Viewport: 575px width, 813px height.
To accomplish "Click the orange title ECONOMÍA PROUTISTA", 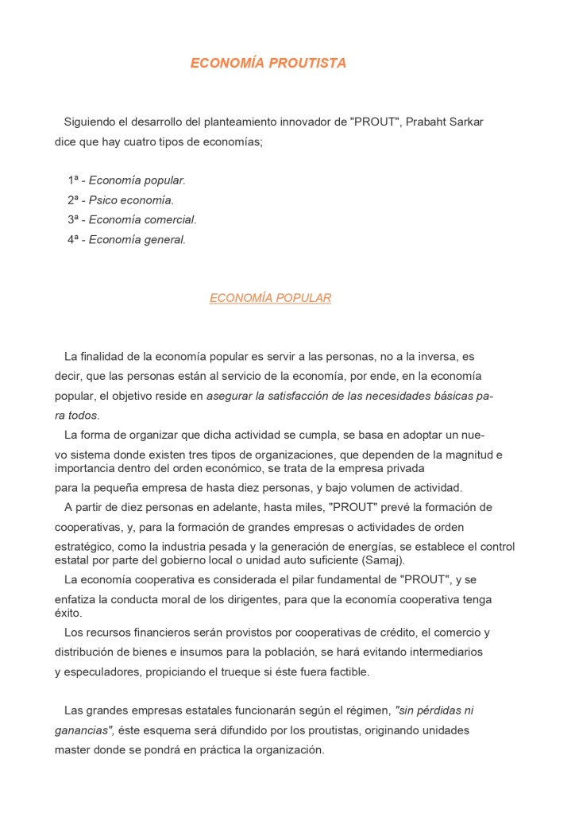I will click(x=268, y=64).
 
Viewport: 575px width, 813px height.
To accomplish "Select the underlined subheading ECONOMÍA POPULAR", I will click(x=270, y=298).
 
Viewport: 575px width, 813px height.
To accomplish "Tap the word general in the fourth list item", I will click(x=164, y=239).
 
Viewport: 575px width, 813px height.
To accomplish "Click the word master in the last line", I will click(x=71, y=749).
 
